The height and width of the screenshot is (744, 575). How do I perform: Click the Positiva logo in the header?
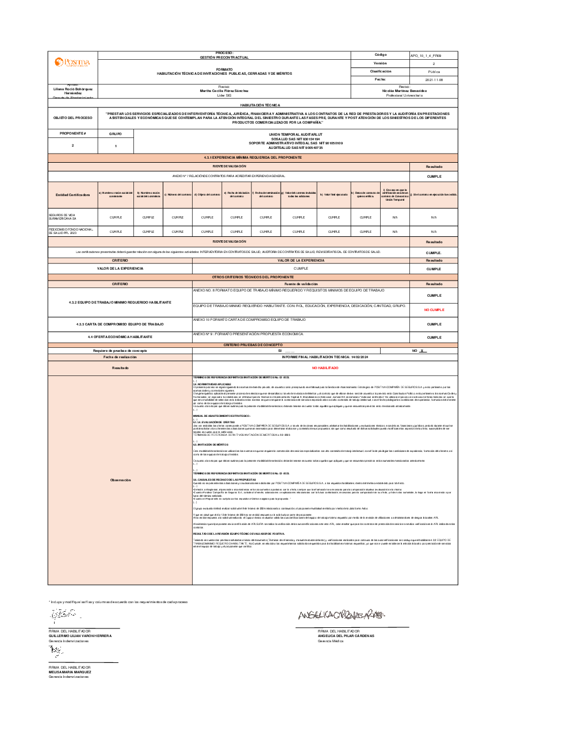(x=72, y=62)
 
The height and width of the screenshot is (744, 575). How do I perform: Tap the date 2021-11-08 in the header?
(x=434, y=80)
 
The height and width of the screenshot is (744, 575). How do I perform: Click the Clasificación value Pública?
(x=434, y=72)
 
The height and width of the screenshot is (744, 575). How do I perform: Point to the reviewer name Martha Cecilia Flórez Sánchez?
(x=224, y=91)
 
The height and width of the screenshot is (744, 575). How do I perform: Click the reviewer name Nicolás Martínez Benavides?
(x=404, y=91)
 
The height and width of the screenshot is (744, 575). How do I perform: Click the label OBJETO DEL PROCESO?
(x=72, y=118)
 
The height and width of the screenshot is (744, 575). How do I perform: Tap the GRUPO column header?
(x=116, y=133)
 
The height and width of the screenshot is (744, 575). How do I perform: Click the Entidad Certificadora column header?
(x=72, y=195)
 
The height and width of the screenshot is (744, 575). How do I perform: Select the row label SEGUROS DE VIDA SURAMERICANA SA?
(x=62, y=217)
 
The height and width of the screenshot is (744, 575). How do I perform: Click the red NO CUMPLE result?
(x=434, y=310)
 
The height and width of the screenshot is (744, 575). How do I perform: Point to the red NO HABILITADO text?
(x=325, y=368)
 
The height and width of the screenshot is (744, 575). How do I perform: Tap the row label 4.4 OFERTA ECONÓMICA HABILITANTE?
(x=120, y=337)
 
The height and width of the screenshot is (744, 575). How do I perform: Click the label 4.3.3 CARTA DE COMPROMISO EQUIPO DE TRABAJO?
(x=120, y=324)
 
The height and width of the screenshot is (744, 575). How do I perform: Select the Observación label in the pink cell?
(x=120, y=480)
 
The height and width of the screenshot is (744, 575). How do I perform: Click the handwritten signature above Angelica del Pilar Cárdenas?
(x=342, y=615)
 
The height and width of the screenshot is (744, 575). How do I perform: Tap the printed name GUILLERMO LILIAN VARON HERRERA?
(x=80, y=636)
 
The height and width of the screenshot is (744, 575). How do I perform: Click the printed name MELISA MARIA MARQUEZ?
(x=70, y=672)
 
